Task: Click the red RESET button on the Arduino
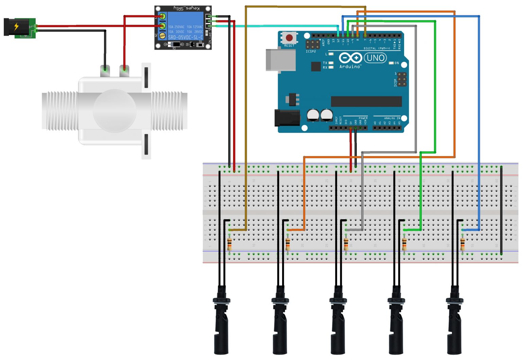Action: pyautogui.click(x=289, y=37)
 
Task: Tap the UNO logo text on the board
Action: pyautogui.click(x=375, y=58)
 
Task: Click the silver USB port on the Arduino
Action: pyautogui.click(x=280, y=61)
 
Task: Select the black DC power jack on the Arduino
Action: pyautogui.click(x=287, y=118)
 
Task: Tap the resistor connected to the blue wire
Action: pyautogui.click(x=463, y=244)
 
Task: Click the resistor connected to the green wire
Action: pyautogui.click(x=404, y=244)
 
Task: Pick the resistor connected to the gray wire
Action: pyautogui.click(x=346, y=244)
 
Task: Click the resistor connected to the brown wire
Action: pyautogui.click(x=230, y=244)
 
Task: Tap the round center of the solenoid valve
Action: pyautogui.click(x=115, y=110)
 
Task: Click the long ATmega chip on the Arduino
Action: pyautogui.click(x=366, y=101)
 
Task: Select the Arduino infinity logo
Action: pyautogui.click(x=350, y=58)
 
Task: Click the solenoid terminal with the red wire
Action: pyautogui.click(x=124, y=71)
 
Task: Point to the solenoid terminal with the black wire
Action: pyautogui.click(x=105, y=71)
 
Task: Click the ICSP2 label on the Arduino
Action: pyautogui.click(x=311, y=52)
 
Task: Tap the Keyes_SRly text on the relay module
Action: pyautogui.click(x=187, y=8)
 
